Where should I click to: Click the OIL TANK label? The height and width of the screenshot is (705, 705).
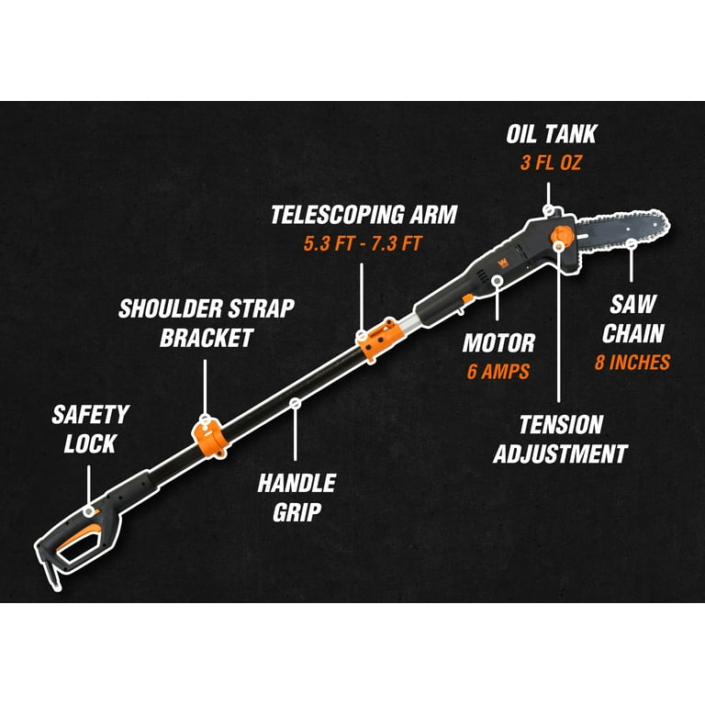[x=551, y=134]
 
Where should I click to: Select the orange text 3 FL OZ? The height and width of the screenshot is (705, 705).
[x=551, y=162]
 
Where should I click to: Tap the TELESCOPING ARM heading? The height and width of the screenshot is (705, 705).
[x=364, y=215]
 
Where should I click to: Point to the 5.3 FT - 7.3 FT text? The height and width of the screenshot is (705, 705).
[x=363, y=243]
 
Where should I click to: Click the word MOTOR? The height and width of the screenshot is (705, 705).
[x=498, y=343]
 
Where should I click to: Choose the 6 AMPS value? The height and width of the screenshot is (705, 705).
[x=498, y=372]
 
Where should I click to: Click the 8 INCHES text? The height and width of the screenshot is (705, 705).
[x=632, y=362]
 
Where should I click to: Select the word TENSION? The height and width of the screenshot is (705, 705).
[x=561, y=424]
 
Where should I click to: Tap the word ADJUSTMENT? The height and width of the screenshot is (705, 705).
[x=560, y=453]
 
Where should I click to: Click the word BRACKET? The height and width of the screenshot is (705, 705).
[x=207, y=338]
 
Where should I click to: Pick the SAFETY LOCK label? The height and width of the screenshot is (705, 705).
[x=90, y=429]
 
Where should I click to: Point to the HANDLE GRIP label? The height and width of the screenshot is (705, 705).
[x=297, y=498]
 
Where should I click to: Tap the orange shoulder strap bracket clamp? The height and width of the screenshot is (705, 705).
[x=210, y=438]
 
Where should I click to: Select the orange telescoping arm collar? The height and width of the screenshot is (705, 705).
[x=381, y=340]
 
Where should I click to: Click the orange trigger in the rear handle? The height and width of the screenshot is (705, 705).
[x=77, y=536]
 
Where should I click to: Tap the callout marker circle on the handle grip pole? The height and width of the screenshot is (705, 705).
[x=295, y=404]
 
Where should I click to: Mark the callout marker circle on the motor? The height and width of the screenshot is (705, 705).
[x=497, y=281]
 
